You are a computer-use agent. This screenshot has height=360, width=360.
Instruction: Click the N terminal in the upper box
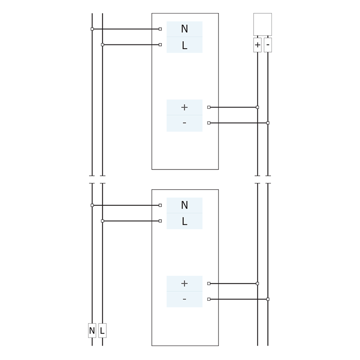(184, 29)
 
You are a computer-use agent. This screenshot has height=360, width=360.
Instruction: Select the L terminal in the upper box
(184, 45)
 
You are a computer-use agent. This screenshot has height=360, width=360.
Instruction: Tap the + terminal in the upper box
(184, 107)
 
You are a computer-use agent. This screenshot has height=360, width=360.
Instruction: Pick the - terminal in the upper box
(184, 123)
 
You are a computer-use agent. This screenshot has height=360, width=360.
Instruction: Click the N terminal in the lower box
(184, 205)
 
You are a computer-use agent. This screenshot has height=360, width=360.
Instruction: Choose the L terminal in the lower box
(184, 221)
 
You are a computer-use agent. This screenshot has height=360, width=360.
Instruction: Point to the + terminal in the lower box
(184, 284)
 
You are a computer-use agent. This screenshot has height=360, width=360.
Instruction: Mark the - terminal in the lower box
(184, 299)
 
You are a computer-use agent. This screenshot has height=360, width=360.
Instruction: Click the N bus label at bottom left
(92, 331)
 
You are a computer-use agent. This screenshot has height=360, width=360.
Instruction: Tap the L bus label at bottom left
(102, 331)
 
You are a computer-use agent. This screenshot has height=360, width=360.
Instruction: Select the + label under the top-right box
(258, 45)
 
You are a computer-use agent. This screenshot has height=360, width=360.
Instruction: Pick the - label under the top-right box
(268, 45)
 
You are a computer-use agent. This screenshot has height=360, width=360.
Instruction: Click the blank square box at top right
(262, 24)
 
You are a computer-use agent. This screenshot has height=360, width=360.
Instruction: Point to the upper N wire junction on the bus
(92, 29)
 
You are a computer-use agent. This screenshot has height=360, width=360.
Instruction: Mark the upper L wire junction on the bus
(102, 44)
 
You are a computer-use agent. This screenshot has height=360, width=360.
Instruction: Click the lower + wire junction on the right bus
(258, 284)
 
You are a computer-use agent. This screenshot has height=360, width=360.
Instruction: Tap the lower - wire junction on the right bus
(268, 299)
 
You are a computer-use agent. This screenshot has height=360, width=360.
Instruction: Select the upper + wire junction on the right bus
(258, 107)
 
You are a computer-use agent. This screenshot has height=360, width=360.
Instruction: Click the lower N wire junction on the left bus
(92, 205)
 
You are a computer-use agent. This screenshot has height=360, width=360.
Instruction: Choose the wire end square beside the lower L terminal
(160, 221)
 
